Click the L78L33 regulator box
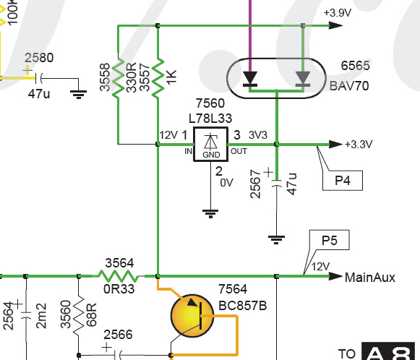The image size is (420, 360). [x=211, y=145]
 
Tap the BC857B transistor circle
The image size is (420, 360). [x=192, y=315]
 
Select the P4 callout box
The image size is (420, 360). [x=343, y=180]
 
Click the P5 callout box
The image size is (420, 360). [x=329, y=240]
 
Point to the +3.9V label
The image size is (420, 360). [x=338, y=12]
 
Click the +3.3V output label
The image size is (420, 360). [x=359, y=145]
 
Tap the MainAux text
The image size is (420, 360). [x=370, y=278]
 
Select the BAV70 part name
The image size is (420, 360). [x=349, y=86]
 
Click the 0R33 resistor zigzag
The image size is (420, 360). [x=119, y=276]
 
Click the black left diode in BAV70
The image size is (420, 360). [x=250, y=79]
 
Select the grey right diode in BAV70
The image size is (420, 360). [x=303, y=79]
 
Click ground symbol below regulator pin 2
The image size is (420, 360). [x=210, y=213]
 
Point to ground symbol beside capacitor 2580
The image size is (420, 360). [x=79, y=95]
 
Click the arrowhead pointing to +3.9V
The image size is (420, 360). [x=335, y=25]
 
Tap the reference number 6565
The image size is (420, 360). [x=355, y=66]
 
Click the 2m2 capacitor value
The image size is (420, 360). [x=41, y=315]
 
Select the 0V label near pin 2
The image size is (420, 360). [x=226, y=183]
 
